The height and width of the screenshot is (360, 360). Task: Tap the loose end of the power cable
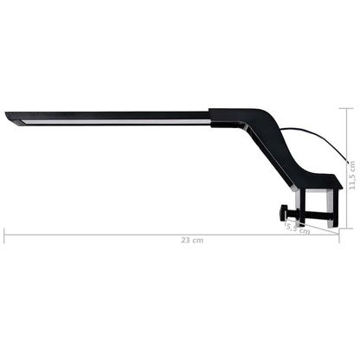coord(348,162)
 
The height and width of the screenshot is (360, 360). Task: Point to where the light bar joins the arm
coord(213,115)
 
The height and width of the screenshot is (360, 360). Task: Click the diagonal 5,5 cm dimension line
coord(292,226)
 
